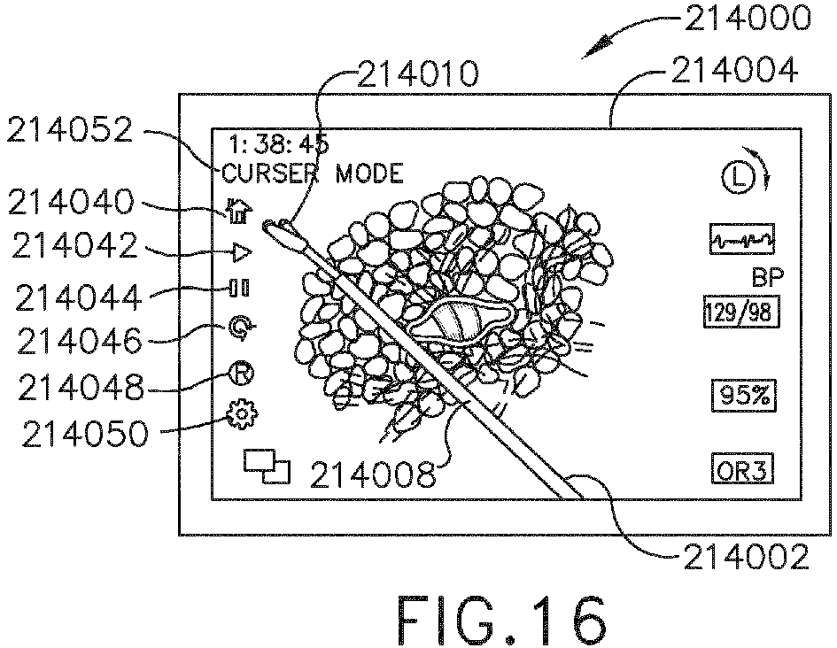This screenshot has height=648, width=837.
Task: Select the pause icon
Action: point(239,289)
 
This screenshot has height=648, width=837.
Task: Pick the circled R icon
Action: point(241,374)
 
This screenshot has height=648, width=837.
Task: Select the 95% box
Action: point(742,395)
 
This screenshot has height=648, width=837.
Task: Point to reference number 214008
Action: point(372,475)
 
